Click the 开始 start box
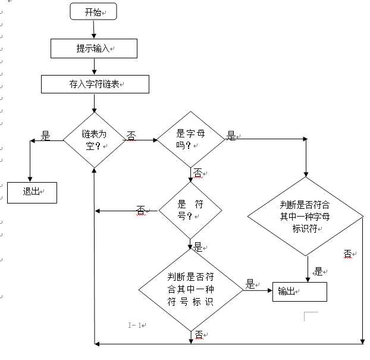[93, 11]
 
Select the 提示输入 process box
[94, 49]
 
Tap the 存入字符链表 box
[94, 84]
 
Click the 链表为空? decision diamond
[95, 140]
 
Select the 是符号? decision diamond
[190, 209]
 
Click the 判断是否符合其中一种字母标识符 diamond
[306, 217]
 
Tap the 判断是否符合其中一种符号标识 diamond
[190, 290]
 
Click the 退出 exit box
[32, 192]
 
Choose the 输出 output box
[299, 291]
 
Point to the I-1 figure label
[136, 325]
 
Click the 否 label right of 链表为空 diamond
[131, 136]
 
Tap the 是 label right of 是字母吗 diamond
[231, 136]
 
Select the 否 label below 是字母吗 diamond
[197, 173]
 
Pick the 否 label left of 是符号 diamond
[141, 209]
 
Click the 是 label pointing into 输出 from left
[250, 284]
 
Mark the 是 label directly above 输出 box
[318, 271]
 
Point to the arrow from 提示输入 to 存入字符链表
[94, 66]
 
